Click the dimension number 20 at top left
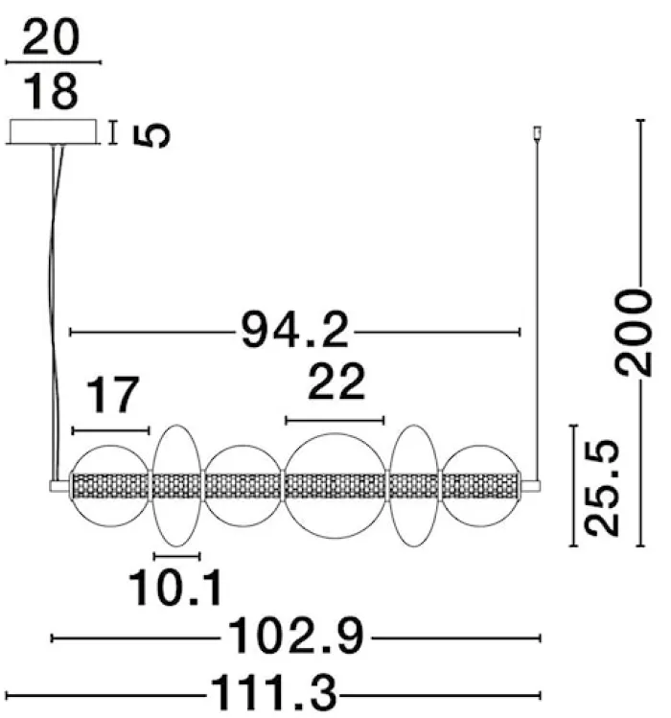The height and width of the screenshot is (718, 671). click(x=51, y=37)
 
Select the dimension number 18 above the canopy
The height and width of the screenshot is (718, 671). click(x=51, y=92)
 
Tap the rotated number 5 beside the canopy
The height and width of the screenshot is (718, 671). click(x=151, y=135)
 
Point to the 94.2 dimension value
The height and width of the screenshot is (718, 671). click(x=294, y=330)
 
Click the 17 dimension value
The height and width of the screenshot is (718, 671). click(x=112, y=395)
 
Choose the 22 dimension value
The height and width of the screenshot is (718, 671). click(x=336, y=382)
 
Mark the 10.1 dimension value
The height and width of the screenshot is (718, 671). click(x=175, y=588)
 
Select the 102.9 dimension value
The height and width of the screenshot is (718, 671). click(x=295, y=636)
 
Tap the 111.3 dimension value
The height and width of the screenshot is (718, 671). click(x=273, y=693)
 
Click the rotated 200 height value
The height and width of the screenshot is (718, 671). click(x=634, y=333)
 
